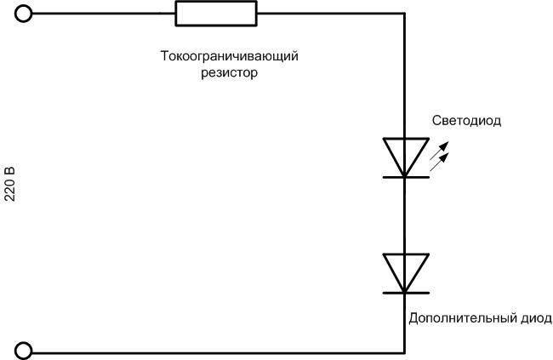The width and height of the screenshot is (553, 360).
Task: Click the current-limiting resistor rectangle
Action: click(x=215, y=14)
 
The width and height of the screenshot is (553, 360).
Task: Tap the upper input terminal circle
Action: click(x=25, y=14)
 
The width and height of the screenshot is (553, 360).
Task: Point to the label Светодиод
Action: click(x=467, y=121)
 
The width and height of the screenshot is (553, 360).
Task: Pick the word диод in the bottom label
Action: click(x=533, y=318)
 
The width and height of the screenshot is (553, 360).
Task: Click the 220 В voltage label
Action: click(x=10, y=184)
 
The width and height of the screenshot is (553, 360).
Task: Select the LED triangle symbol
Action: click(x=404, y=156)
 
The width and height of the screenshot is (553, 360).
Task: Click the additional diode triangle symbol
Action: click(x=404, y=271)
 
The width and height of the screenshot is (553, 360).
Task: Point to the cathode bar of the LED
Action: click(x=404, y=177)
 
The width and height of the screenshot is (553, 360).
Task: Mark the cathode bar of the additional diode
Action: click(x=404, y=293)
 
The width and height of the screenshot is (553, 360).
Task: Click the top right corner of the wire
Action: click(x=404, y=14)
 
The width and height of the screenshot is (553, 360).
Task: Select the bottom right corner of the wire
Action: click(x=404, y=351)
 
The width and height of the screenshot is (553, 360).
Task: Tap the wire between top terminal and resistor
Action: click(x=102, y=14)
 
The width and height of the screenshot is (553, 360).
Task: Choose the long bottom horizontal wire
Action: click(x=213, y=351)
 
